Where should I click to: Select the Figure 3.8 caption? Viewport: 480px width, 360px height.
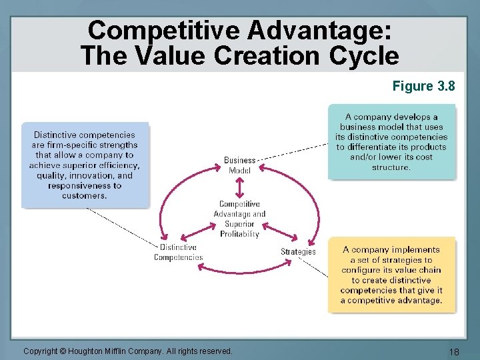point(424,86)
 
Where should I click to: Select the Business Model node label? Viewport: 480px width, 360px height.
point(239,165)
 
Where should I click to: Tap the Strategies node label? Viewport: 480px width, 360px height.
point(298,251)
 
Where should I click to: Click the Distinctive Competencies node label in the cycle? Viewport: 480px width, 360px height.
point(178,252)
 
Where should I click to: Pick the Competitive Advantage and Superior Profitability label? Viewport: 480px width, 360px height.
point(239,219)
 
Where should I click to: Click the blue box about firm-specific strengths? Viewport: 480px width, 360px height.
point(85,165)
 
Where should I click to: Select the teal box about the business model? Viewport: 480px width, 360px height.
point(391,141)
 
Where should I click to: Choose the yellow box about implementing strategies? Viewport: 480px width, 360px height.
point(391,274)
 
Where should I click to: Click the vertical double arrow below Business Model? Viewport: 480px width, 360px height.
point(239,187)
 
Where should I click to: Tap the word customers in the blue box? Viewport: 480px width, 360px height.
point(84,196)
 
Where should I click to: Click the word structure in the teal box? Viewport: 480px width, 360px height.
point(391,167)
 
